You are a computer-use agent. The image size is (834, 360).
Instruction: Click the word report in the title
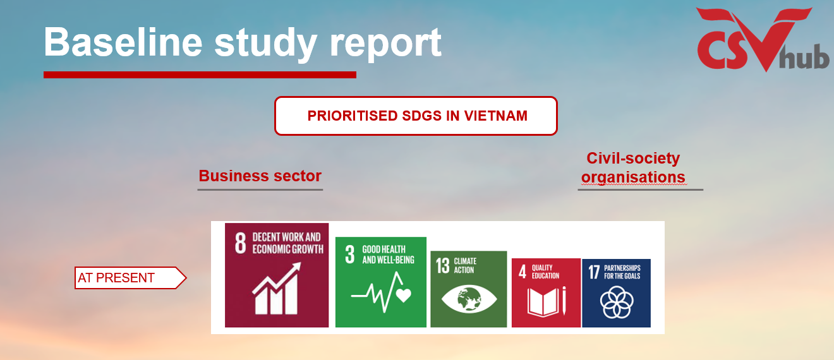click(385, 44)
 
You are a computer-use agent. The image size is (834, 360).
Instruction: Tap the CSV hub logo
click(763, 39)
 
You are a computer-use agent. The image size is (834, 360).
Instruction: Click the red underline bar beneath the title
click(200, 75)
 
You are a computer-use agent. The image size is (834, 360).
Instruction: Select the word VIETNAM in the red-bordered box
click(495, 116)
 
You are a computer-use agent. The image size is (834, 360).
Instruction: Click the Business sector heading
click(260, 176)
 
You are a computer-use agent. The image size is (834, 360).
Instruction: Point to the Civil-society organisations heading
click(633, 167)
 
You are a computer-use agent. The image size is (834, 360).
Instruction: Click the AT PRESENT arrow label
click(130, 278)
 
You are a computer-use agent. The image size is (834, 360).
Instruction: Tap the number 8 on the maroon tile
click(241, 243)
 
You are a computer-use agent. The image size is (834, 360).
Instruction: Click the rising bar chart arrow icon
click(277, 288)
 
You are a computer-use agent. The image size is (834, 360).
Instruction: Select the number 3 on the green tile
click(349, 255)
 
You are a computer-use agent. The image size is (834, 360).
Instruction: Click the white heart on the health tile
click(404, 295)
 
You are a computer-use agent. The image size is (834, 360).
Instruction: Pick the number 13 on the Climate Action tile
click(443, 266)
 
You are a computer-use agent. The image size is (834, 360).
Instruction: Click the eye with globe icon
click(469, 299)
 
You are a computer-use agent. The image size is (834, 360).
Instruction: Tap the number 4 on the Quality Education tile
click(523, 272)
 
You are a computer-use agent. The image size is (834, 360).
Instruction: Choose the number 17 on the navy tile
click(594, 272)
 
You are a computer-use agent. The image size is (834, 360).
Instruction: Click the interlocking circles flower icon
click(617, 302)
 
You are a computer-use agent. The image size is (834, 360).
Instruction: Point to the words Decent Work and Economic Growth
click(288, 243)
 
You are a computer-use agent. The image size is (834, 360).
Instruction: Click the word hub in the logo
click(804, 57)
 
